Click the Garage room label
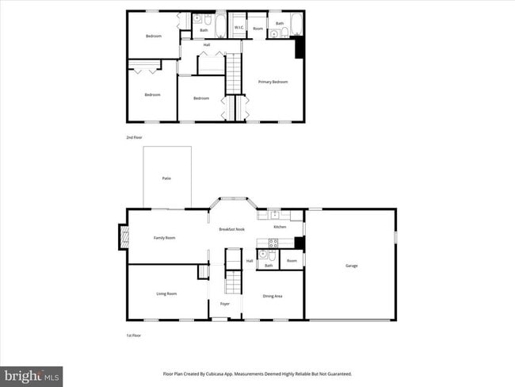pyautogui.click(x=351, y=266)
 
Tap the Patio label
pyautogui.click(x=166, y=178)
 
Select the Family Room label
pyautogui.click(x=165, y=238)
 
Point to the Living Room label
pyautogui.click(x=166, y=294)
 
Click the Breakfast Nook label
pyautogui.click(x=232, y=229)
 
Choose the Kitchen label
pyautogui.click(x=280, y=227)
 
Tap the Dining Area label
pyautogui.click(x=273, y=296)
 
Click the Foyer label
pyautogui.click(x=225, y=304)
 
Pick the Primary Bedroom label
pyautogui.click(x=273, y=82)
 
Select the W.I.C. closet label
pyautogui.click(x=238, y=29)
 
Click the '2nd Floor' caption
pyautogui.click(x=135, y=137)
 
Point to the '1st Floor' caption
pyautogui.click(x=135, y=335)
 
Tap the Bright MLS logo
pyautogui.click(x=32, y=375)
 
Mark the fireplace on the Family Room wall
pyautogui.click(x=123, y=236)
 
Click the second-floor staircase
pyautogui.click(x=233, y=74)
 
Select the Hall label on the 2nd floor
pyautogui.click(x=207, y=45)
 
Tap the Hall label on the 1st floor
pyautogui.click(x=250, y=261)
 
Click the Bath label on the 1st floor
pyautogui.click(x=269, y=266)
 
